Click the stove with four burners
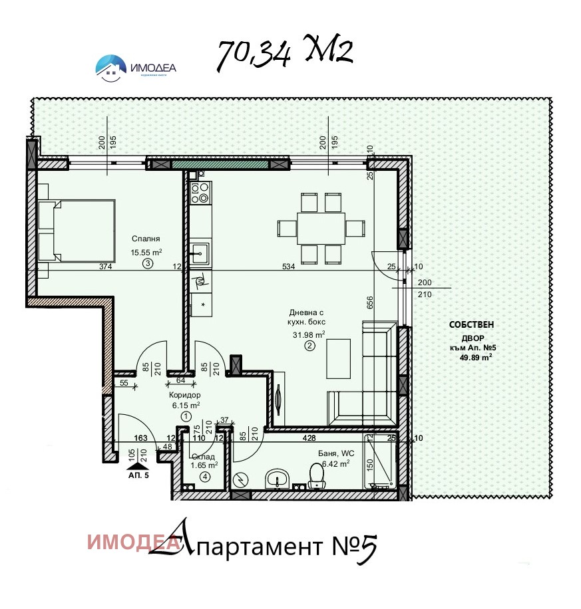pyautogui.click(x=200, y=193)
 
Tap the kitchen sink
pyautogui.click(x=199, y=253)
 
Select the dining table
pyautogui.click(x=321, y=228)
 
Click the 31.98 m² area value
pyautogui.click(x=307, y=334)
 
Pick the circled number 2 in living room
pyautogui.click(x=308, y=346)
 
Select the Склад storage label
pyautogui.click(x=202, y=457)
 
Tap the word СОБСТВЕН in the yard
pyautogui.click(x=471, y=326)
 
